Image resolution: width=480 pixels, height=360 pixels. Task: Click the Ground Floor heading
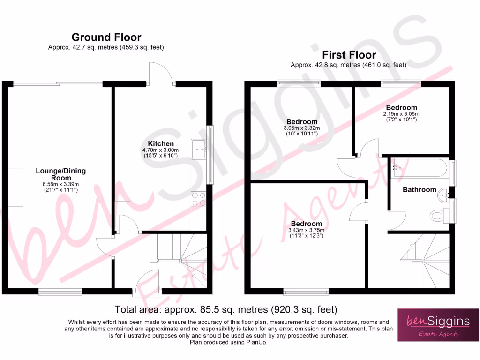pyautogui.click(x=106, y=37)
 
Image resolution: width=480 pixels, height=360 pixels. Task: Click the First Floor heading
pyautogui.click(x=349, y=55)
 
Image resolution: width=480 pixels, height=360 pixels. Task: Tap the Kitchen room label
pyautogui.click(x=161, y=143)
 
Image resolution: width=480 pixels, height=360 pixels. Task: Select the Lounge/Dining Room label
pyautogui.click(x=61, y=174)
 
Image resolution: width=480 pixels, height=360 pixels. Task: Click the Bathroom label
pyautogui.click(x=419, y=190)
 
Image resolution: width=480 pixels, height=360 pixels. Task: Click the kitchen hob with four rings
pyautogui.click(x=199, y=199)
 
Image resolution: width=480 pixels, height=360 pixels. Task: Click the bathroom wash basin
pyautogui.click(x=442, y=193)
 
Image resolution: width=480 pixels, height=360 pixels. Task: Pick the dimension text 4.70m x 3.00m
pyautogui.click(x=161, y=150)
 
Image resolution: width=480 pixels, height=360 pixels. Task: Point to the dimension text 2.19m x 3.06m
pyautogui.click(x=401, y=114)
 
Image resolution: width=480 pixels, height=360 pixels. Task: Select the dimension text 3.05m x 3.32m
pyautogui.click(x=301, y=128)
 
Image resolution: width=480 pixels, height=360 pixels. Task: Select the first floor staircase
pyautogui.click(x=424, y=260)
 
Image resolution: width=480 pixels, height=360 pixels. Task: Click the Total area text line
pyautogui.click(x=226, y=310)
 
